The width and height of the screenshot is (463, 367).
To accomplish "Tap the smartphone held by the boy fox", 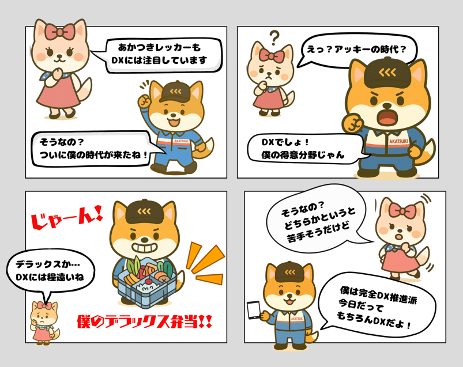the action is (254, 310).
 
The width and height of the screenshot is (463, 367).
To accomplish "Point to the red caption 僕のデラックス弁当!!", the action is (144, 321).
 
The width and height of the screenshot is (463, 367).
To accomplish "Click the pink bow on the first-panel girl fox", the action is (60, 32).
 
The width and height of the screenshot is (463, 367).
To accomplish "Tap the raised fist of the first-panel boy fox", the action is (144, 101).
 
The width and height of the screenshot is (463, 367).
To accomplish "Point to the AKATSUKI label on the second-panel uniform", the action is (398, 141).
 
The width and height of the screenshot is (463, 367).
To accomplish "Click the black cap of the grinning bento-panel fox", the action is (144, 212).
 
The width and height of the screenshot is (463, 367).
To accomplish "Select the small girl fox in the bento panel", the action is (44, 323).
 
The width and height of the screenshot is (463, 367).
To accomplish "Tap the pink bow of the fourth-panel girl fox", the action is (402, 211).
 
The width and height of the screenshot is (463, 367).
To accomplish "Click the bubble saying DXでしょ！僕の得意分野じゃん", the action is (304, 149).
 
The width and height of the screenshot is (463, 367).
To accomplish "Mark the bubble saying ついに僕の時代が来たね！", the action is (95, 149).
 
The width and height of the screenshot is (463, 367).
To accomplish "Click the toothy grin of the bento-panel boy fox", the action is (144, 247).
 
